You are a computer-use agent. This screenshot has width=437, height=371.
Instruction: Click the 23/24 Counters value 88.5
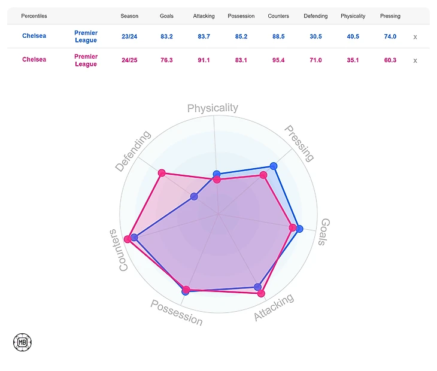(278, 37)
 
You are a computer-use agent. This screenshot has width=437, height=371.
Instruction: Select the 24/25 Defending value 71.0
(315, 60)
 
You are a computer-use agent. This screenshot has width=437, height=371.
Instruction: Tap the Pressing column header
(390, 16)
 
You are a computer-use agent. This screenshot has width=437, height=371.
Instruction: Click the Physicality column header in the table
(353, 16)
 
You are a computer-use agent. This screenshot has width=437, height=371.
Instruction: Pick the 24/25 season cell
(129, 60)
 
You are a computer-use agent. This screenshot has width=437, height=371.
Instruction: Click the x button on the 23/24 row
(415, 37)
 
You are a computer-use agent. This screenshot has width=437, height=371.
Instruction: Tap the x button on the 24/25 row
(415, 60)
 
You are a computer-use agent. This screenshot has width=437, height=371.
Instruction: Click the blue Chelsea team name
(34, 36)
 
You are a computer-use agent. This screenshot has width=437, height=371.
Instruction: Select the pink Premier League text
(86, 60)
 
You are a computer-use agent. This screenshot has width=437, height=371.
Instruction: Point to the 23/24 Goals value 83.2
(167, 37)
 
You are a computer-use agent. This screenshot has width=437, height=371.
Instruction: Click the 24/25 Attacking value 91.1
(204, 60)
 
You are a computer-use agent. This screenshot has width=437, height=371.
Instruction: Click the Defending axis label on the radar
(133, 152)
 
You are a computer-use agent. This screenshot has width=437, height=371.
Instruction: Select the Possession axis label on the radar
(177, 312)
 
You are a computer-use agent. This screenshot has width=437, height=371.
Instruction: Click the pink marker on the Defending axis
(161, 173)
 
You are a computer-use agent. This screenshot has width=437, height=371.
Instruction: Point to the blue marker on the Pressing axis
(274, 166)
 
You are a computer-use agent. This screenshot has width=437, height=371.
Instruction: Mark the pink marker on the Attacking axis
(261, 293)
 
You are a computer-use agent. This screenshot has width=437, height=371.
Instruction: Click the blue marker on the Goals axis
(299, 229)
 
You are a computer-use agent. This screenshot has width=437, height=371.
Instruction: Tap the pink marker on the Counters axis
(128, 239)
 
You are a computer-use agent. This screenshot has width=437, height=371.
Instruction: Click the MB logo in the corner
(22, 342)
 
